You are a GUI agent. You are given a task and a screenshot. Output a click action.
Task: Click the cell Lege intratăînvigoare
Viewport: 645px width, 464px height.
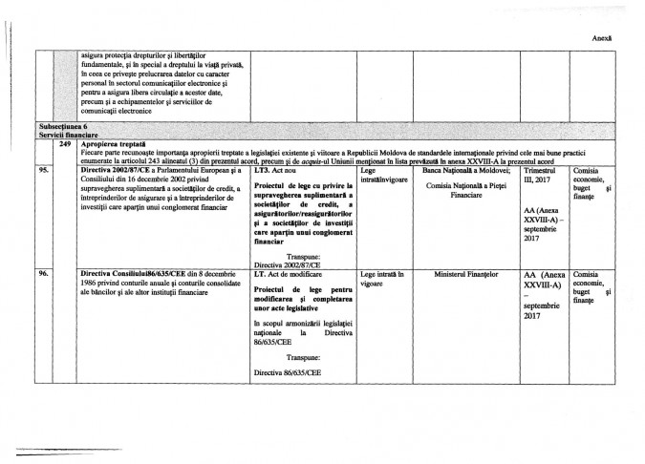coord(382,173)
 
